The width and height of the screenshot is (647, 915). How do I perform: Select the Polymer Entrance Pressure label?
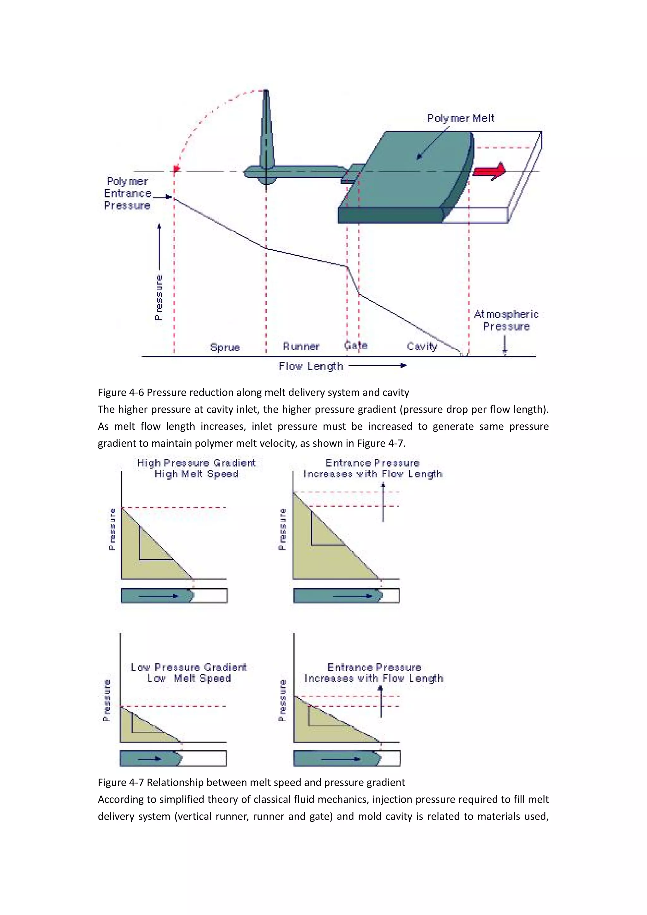(x=128, y=193)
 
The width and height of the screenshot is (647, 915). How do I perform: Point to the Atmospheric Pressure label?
(x=506, y=320)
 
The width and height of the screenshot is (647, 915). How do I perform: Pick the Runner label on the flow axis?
(x=301, y=346)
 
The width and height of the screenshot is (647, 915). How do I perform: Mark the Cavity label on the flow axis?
(x=422, y=346)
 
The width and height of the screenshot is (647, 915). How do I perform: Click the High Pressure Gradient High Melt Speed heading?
(x=197, y=468)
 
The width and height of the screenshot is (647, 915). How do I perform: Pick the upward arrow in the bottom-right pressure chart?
(x=381, y=701)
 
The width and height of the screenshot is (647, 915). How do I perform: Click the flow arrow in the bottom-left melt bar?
(x=150, y=758)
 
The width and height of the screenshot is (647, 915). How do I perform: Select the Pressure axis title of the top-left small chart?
(x=112, y=529)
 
